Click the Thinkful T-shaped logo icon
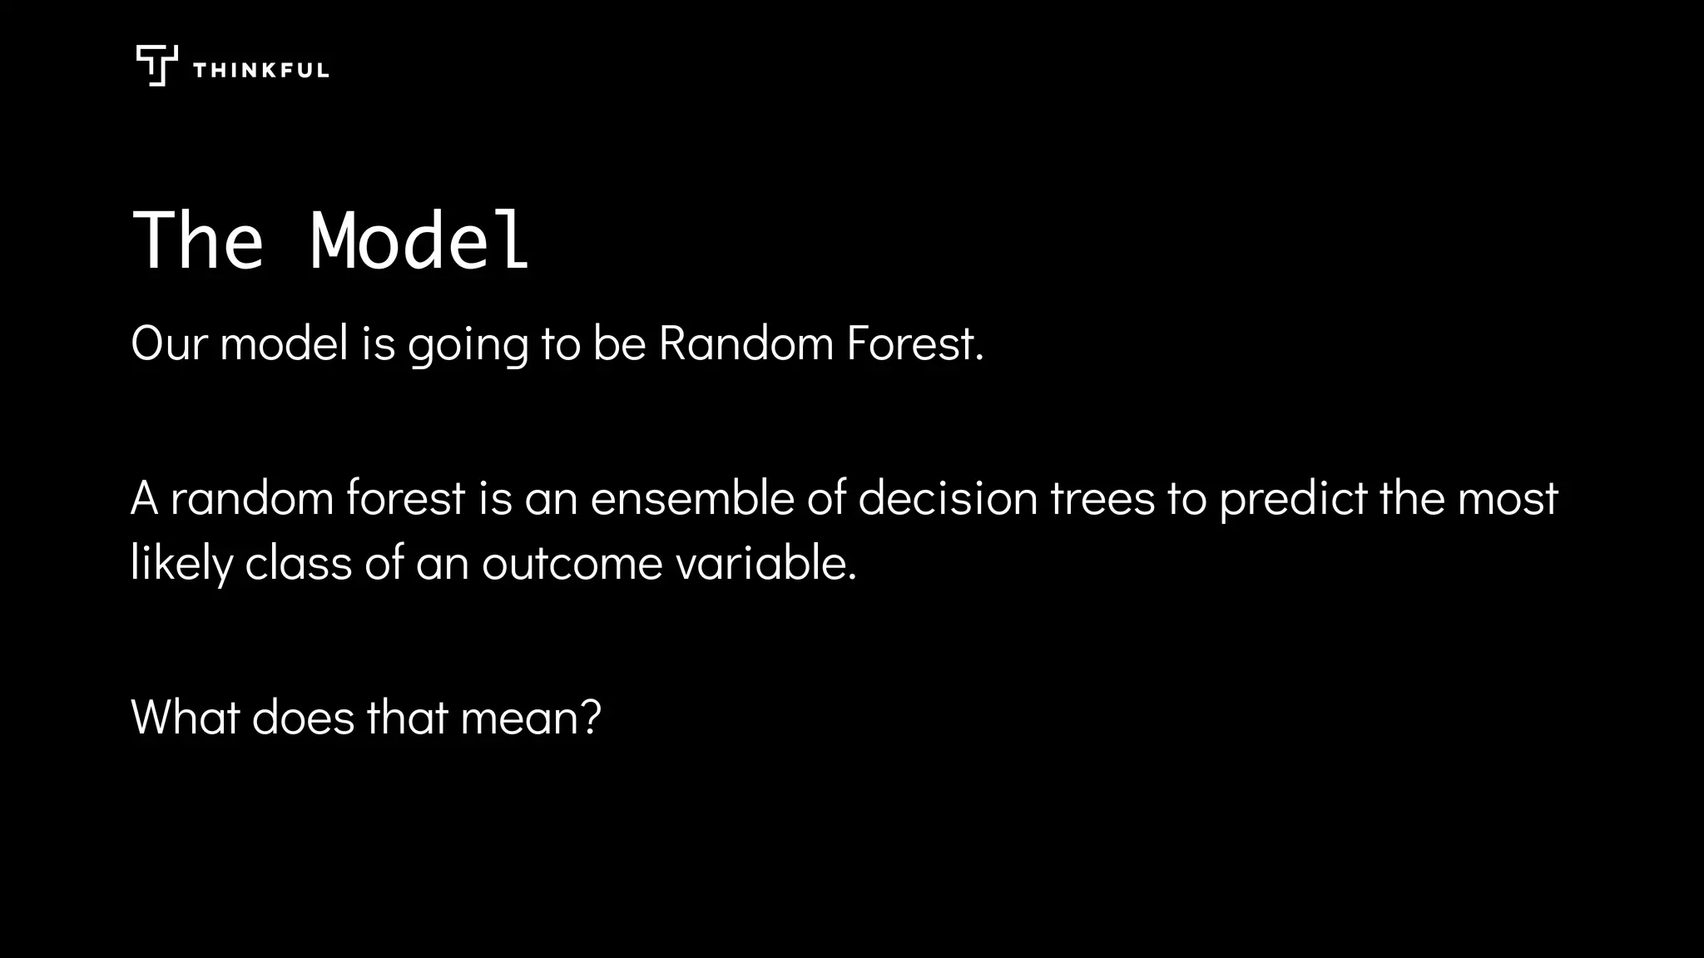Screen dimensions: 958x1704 point(156,66)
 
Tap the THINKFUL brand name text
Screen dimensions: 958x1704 point(260,71)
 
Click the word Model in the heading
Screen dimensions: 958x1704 point(419,241)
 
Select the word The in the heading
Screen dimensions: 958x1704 point(198,241)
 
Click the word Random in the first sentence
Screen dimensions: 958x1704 point(745,343)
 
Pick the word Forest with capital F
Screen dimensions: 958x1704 point(914,343)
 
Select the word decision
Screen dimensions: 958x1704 point(948,498)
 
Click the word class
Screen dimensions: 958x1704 point(298,563)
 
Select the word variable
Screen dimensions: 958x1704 point(765,563)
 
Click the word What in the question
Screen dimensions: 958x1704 point(185,717)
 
